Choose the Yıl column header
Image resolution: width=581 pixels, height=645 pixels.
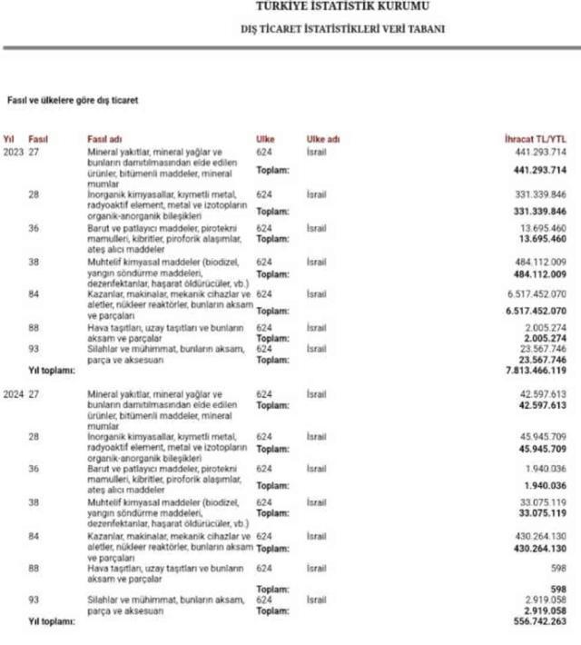pyautogui.click(x=9, y=139)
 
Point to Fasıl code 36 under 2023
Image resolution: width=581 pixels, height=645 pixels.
pyautogui.click(x=34, y=228)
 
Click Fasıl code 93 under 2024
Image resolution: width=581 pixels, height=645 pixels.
pyautogui.click(x=34, y=601)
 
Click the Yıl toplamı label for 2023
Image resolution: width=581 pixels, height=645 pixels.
pyautogui.click(x=50, y=371)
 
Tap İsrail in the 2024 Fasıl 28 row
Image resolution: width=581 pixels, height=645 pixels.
pyautogui.click(x=317, y=437)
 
